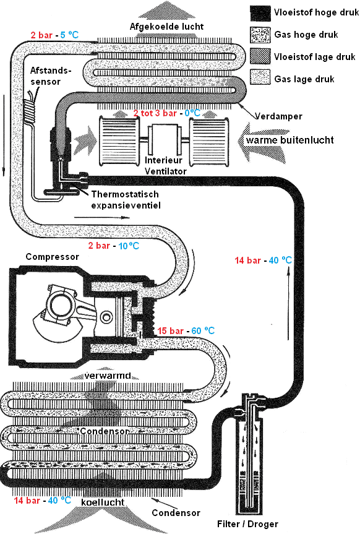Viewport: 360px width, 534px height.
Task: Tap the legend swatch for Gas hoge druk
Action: [x=260, y=35]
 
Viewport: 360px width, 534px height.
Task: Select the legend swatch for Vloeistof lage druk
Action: [x=260, y=56]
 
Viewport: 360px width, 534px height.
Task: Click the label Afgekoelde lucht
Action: [x=166, y=27]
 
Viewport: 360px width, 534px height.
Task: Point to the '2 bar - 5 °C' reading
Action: [x=54, y=35]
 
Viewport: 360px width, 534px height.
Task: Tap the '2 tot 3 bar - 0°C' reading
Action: [x=166, y=113]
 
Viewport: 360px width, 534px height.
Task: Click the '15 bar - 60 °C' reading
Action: [x=186, y=330]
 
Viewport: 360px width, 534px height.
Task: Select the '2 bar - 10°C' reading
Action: [x=114, y=246]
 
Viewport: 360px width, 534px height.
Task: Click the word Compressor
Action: [x=52, y=257]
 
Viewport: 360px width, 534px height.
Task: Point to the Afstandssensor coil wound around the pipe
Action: [x=29, y=111]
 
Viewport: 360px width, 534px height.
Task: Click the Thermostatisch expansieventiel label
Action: [x=126, y=200]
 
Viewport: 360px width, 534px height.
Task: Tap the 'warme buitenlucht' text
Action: [x=290, y=140]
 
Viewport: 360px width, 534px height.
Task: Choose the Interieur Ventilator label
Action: [x=166, y=165]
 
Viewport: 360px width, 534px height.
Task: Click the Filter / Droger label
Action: [x=247, y=524]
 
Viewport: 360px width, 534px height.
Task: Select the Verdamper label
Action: [x=278, y=116]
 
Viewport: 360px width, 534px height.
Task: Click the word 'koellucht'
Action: [x=103, y=502]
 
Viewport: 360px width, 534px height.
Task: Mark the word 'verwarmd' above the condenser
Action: [x=108, y=376]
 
